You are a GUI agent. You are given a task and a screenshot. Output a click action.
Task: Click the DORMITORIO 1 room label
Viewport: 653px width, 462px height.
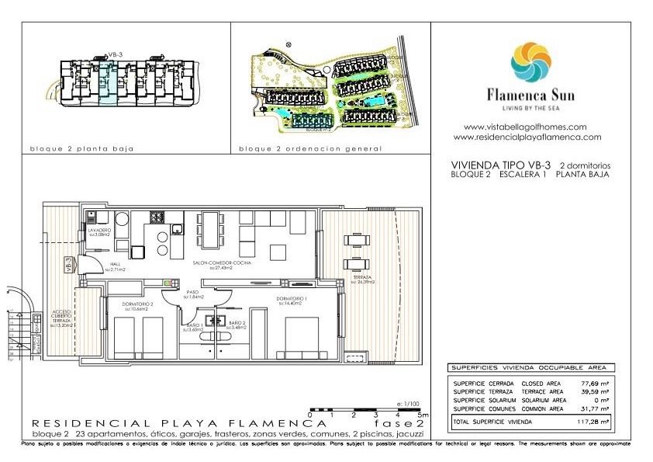coord(292,299)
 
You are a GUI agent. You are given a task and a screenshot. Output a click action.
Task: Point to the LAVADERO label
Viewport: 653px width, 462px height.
coord(99,231)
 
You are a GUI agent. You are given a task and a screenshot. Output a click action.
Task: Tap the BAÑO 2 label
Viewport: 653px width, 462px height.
coord(237,324)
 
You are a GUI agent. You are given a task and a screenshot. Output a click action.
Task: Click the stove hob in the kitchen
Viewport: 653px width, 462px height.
coord(157,217)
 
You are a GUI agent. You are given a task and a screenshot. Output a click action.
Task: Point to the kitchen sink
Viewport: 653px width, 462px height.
coord(178,228)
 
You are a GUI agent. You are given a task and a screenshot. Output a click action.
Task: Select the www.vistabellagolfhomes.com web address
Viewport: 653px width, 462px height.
coord(524,127)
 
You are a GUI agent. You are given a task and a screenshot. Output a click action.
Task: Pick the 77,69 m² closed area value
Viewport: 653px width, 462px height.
coord(596,383)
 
